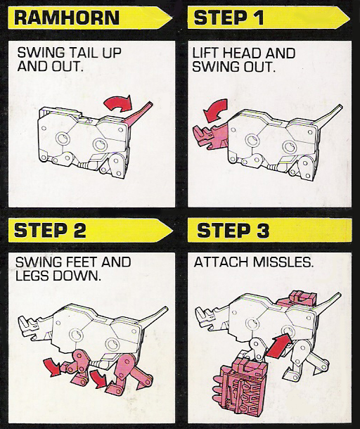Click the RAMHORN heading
[67, 18]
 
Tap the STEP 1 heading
[229, 18]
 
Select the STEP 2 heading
[50, 230]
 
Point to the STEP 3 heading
[233, 230]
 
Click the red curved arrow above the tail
[118, 103]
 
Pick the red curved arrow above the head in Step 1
[215, 110]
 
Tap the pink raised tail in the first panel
[138, 114]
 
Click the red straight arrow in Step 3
[279, 345]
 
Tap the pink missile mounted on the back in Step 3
[297, 299]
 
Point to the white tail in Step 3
[328, 303]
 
